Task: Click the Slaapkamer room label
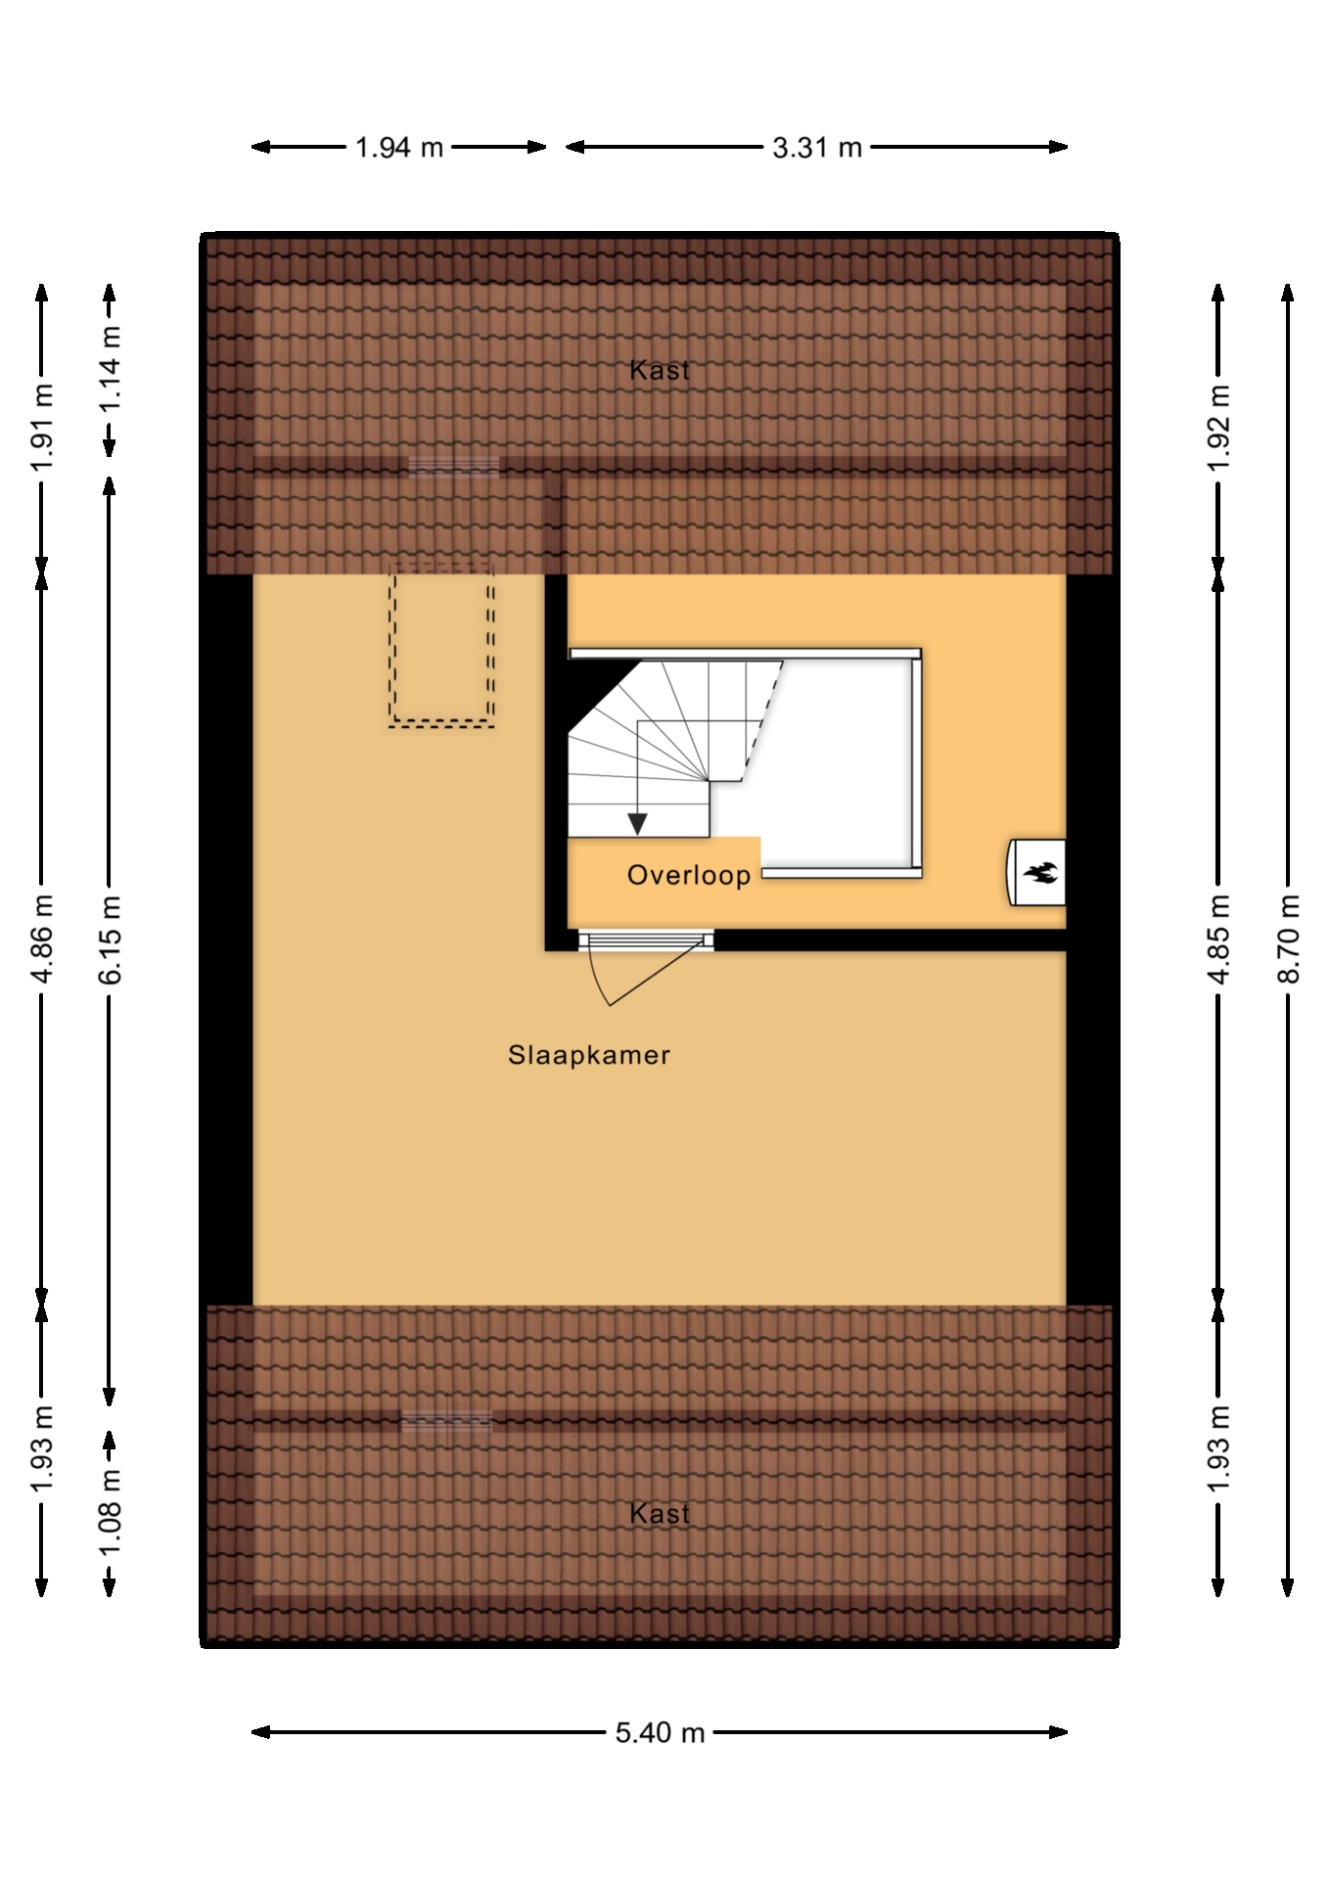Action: click(x=589, y=1055)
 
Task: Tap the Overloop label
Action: click(x=689, y=875)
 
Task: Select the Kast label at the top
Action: click(x=660, y=370)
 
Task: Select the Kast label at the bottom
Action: click(x=660, y=1513)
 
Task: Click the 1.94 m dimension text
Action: click(x=399, y=148)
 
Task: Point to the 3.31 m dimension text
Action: click(x=817, y=148)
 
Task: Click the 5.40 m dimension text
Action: click(x=660, y=1733)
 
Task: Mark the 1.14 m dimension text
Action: click(x=110, y=370)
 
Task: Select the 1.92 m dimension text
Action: click(x=1218, y=428)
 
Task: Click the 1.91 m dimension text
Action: click(x=41, y=428)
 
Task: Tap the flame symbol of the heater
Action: click(x=1038, y=872)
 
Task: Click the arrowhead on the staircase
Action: click(x=638, y=825)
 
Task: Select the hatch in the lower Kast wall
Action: click(x=447, y=1421)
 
